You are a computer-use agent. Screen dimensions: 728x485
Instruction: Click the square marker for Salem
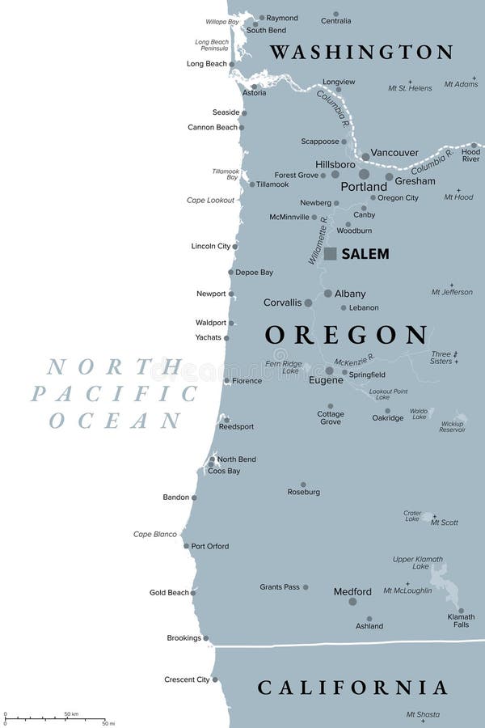[x=331, y=253]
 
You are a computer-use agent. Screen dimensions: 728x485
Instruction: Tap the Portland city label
[x=364, y=187]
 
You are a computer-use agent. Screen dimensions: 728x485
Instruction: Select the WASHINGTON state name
[x=361, y=53]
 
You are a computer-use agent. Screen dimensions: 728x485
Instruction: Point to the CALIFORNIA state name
[x=352, y=688]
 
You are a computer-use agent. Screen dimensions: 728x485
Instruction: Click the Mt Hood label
[x=458, y=197]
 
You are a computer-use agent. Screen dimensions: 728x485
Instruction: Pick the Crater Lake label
[x=412, y=516]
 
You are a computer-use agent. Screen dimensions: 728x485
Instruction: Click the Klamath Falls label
[x=461, y=621]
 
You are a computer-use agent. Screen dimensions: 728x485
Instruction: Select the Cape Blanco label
[x=155, y=534]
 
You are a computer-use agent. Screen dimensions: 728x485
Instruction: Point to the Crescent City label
[x=187, y=679]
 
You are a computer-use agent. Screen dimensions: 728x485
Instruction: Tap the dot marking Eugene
[x=329, y=370]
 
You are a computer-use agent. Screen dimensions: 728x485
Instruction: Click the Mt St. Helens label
[x=410, y=88]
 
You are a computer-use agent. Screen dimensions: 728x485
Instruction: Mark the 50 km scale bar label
[x=70, y=714]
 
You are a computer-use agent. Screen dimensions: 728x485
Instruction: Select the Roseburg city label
[x=304, y=492]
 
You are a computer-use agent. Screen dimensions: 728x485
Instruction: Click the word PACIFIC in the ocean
[x=114, y=394]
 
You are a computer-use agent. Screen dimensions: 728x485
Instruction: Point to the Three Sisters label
[x=441, y=358]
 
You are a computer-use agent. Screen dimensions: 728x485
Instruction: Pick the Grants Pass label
[x=280, y=587]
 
